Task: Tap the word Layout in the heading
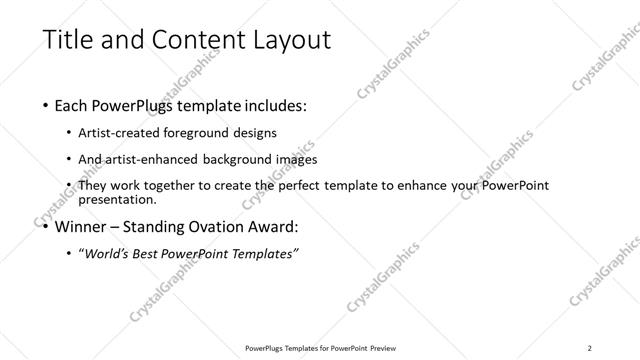tap(284, 40)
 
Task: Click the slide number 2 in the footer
tap(590, 348)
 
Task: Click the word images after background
tap(296, 160)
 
